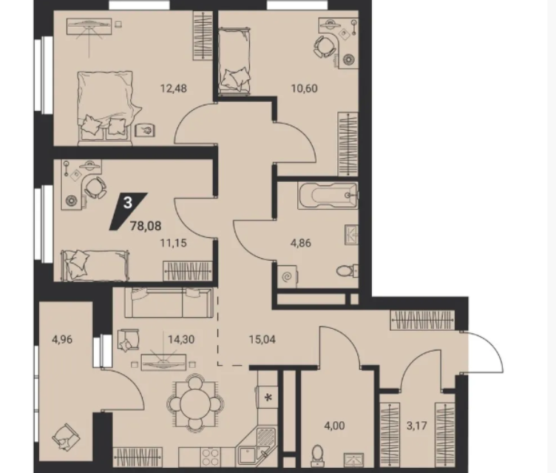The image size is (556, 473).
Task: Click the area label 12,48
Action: pos(174,88)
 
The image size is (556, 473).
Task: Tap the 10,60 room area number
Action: pos(304,88)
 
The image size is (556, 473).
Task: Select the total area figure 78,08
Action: pos(146,225)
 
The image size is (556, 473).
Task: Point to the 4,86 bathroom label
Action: pos(301,243)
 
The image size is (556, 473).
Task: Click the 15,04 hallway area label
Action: pos(262,339)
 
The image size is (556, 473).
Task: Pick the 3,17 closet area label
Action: pos(417,425)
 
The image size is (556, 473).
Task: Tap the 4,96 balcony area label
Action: pos(62,339)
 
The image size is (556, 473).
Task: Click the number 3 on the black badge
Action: pos(128,203)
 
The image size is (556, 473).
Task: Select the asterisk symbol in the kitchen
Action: pos(268,397)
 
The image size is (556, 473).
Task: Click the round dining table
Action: pos(194,404)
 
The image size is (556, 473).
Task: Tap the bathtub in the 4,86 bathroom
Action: pos(328,195)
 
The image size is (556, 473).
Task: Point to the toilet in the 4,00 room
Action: pos(318,456)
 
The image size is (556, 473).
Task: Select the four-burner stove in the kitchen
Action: pos(210,457)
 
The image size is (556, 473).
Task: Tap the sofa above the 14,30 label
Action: pos(169,302)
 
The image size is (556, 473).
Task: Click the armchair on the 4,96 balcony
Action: pos(66,437)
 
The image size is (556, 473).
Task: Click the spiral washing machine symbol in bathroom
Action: pos(287,276)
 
